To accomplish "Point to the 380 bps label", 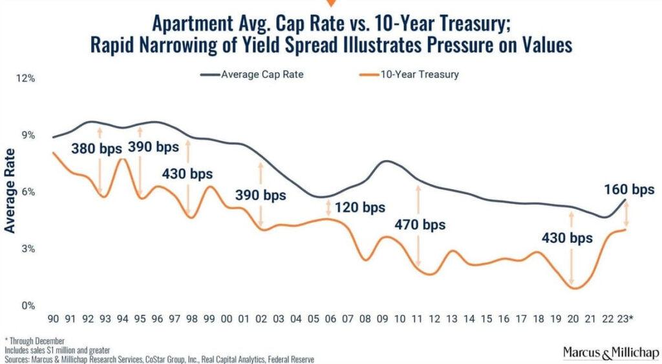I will [x=96, y=148].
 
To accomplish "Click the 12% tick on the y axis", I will [x=25, y=78].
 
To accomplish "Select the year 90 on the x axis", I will [x=55, y=319].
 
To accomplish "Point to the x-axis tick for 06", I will [x=330, y=319].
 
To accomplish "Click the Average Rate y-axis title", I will [x=10, y=190].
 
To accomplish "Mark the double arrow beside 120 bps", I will [x=329, y=207].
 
